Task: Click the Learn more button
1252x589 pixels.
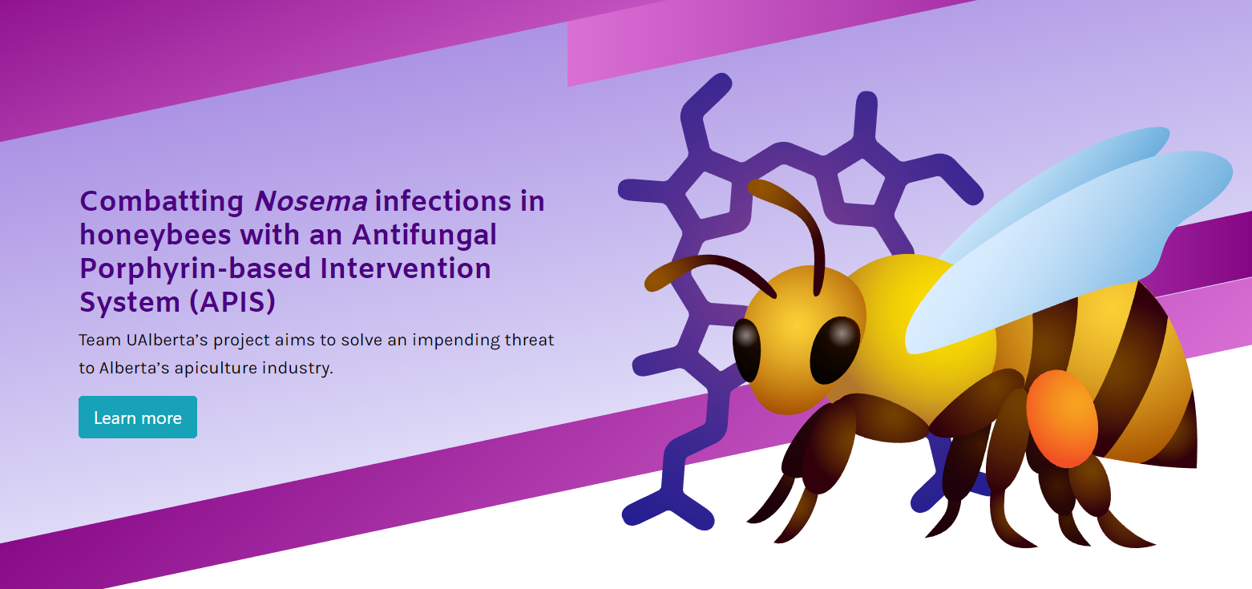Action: [138, 417]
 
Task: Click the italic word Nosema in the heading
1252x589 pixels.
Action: [311, 201]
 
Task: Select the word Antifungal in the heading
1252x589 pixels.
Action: [424, 236]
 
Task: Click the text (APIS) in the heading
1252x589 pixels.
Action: [232, 302]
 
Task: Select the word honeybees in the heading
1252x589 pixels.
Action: [155, 236]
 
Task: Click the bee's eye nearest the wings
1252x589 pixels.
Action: [835, 350]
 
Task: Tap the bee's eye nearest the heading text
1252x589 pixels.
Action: [747, 350]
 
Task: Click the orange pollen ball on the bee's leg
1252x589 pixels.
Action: [1062, 418]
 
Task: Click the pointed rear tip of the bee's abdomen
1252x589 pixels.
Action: [1196, 466]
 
